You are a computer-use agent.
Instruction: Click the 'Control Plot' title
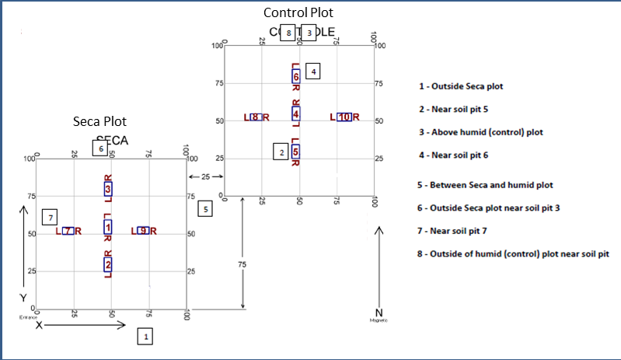click(299, 12)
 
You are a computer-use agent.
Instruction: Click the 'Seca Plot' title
click(99, 122)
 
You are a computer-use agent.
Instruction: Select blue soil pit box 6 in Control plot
click(295, 76)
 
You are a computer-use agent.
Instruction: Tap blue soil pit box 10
click(345, 117)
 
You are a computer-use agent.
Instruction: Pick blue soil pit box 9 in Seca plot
click(143, 231)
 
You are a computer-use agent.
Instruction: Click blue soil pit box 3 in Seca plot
click(107, 188)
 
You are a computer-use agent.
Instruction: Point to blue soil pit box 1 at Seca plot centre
click(107, 227)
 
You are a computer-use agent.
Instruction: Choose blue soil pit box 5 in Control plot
click(295, 152)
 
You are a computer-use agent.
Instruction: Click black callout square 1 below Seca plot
click(145, 336)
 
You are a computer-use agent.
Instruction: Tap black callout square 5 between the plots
click(204, 208)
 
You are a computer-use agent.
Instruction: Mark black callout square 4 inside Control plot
click(312, 72)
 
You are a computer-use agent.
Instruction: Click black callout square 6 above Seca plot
click(99, 148)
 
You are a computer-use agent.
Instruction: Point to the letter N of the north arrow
click(379, 313)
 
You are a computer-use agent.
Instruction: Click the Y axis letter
click(23, 299)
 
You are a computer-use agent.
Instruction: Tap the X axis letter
click(38, 325)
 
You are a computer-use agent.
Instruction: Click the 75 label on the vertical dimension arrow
click(243, 266)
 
